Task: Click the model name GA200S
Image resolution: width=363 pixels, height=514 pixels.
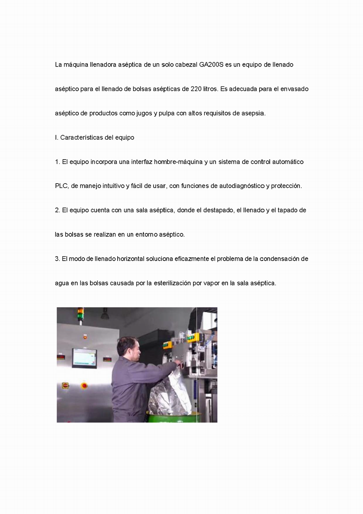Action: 211,65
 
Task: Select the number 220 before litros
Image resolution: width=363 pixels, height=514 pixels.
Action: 196,89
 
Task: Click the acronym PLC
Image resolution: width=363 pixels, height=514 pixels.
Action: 62,186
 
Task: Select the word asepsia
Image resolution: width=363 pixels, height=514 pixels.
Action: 253,113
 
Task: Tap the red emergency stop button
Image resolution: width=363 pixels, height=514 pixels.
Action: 84,386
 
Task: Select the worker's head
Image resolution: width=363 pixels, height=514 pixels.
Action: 130,347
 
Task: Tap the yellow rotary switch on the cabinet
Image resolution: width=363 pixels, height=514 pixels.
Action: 65,385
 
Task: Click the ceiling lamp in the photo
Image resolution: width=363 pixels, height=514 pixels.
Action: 105,314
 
